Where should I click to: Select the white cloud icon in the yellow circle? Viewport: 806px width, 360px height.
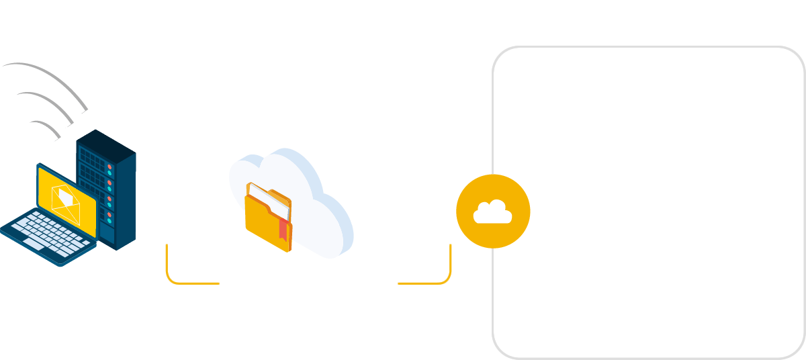tap(493, 212)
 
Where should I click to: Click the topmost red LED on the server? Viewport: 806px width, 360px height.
tap(109, 166)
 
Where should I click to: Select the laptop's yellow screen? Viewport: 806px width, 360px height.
tap(67, 201)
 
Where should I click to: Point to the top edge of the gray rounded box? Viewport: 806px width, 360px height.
tap(648, 47)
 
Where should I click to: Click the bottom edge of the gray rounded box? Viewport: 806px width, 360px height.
tap(648, 357)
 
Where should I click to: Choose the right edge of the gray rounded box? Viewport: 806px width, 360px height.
tap(804, 201)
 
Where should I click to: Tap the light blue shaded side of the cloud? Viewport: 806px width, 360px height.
tap(339, 222)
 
